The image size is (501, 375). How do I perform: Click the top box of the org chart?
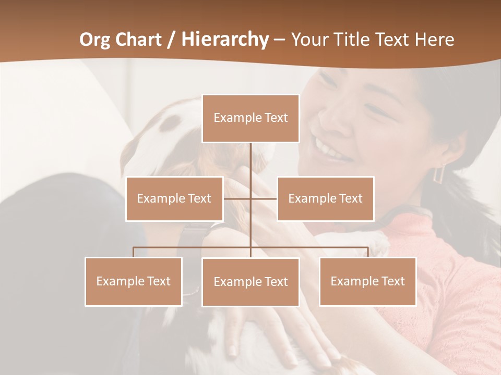point(250,118)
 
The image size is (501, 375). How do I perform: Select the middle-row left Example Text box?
point(174,198)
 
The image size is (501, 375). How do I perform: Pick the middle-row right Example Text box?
point(325,198)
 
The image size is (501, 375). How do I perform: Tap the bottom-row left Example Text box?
point(134,281)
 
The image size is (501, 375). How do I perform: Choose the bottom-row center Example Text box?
point(250,282)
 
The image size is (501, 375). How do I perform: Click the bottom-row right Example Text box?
point(367,281)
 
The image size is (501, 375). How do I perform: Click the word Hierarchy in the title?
point(224,39)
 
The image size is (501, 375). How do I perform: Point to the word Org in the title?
point(94,40)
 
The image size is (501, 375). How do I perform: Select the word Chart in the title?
point(138,40)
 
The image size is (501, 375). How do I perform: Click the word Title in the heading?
point(354,40)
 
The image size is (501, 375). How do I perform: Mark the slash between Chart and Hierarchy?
point(171,40)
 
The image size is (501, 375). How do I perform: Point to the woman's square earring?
point(439,173)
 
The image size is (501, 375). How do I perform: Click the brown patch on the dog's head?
point(170,122)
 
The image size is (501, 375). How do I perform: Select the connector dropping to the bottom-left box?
point(134,252)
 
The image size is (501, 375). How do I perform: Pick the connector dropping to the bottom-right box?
point(367,252)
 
